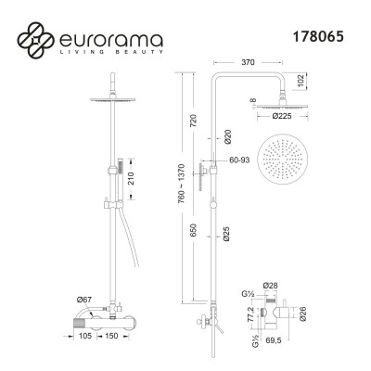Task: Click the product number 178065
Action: coord(318,37)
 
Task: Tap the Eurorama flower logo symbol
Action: coord(35,40)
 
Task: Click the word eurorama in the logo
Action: coord(110,39)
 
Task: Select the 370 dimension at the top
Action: coord(248,62)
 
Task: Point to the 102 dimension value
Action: coord(302,81)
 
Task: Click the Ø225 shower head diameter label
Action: coord(282,116)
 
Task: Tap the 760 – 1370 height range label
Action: coord(181,184)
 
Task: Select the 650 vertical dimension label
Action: coord(193,231)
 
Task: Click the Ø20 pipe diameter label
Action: coord(228,136)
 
